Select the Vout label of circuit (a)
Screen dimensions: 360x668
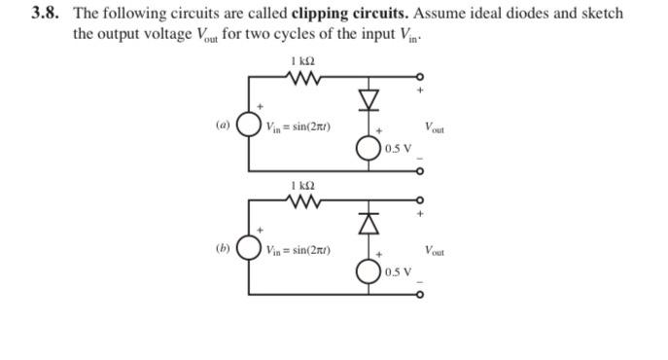click(436, 126)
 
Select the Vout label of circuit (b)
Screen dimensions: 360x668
click(436, 250)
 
